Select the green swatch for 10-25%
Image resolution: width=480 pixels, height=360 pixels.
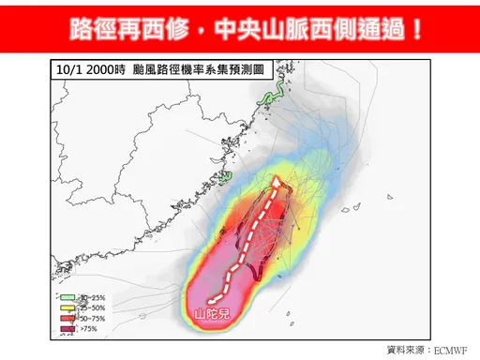click(65, 297)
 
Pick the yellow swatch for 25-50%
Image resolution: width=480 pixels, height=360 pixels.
click(65, 307)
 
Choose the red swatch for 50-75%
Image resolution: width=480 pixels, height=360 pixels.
click(65, 318)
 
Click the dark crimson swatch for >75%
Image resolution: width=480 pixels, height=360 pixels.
click(65, 329)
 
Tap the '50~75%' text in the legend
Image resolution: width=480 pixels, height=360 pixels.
click(90, 318)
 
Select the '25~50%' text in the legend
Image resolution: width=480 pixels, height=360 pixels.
click(90, 307)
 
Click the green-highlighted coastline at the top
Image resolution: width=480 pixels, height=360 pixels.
click(274, 97)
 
